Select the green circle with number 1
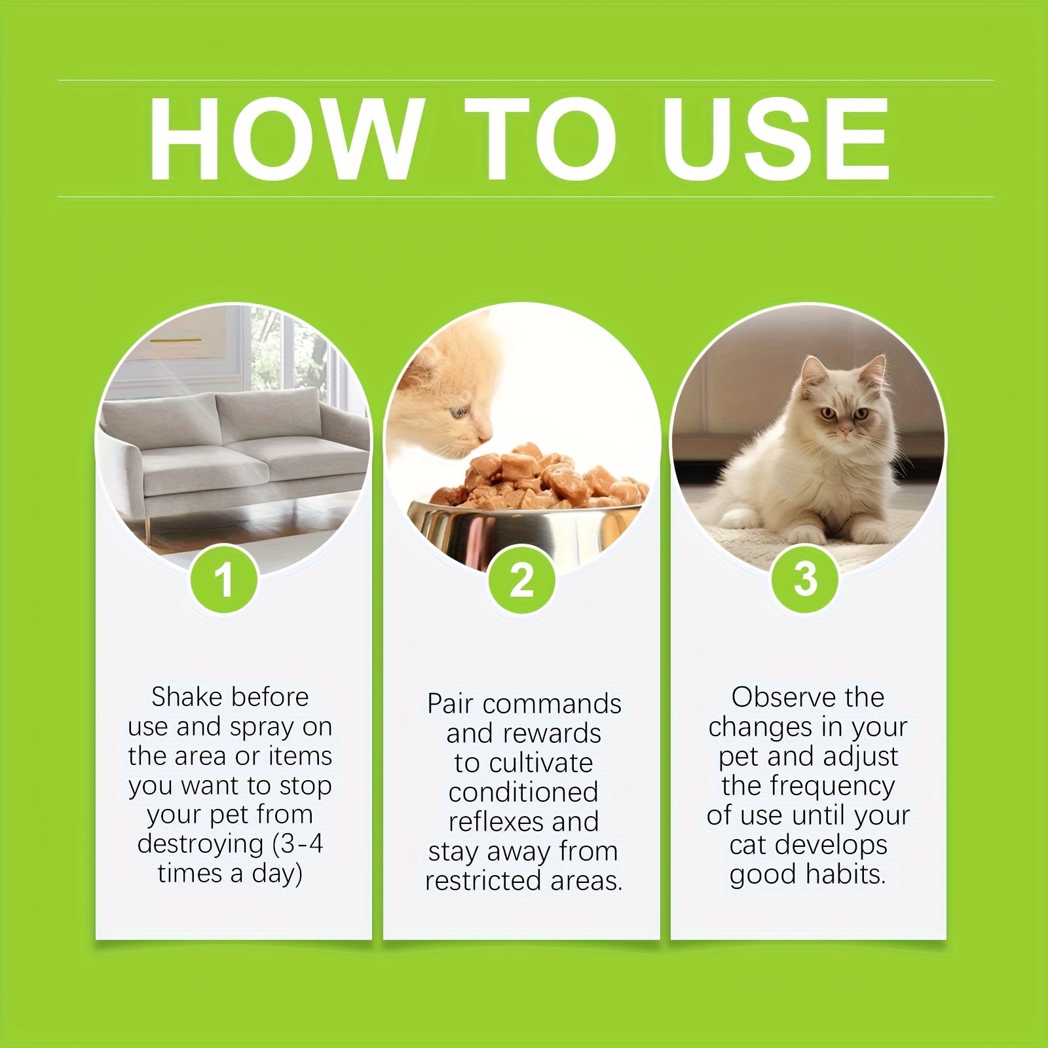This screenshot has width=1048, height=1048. click(224, 579)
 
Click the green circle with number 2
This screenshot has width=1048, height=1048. click(521, 579)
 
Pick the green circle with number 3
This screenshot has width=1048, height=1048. click(805, 578)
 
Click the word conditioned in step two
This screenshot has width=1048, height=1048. click(523, 793)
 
